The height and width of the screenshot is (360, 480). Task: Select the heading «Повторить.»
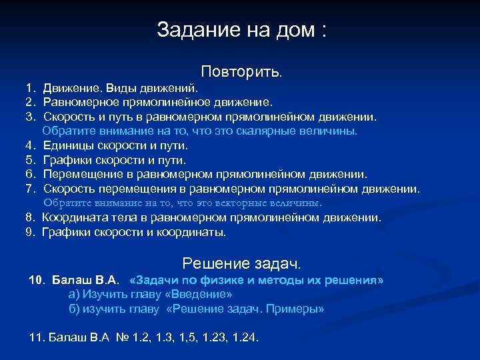[242, 71]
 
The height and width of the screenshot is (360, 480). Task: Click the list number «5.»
[30, 160]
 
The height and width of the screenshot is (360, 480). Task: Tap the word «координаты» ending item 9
[195, 233]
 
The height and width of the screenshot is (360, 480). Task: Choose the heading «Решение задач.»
[241, 263]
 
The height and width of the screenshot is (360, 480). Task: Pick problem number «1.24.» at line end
[245, 337]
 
